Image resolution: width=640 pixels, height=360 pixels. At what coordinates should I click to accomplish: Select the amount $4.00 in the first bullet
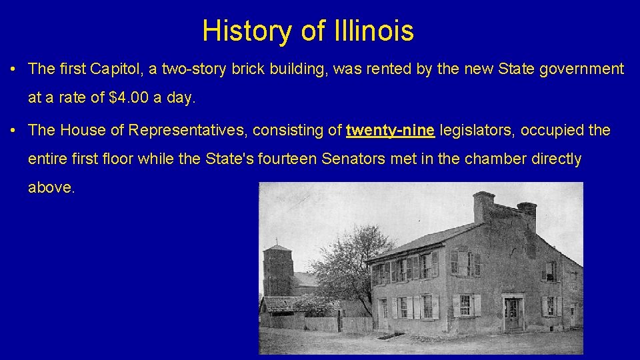[129, 97]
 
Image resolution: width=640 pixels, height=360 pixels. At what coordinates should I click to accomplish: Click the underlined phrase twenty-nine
[391, 130]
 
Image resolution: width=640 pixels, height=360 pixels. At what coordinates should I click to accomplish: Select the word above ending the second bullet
[51, 188]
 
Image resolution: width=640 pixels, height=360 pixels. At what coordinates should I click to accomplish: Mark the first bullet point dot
[14, 69]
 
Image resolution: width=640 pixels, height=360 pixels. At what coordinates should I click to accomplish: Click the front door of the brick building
[511, 313]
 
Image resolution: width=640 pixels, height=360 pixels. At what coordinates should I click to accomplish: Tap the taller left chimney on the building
[483, 207]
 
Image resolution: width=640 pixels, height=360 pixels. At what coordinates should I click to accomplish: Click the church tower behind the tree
[277, 270]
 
